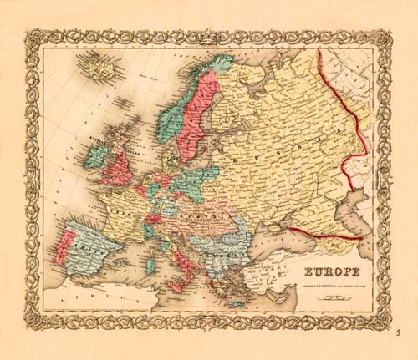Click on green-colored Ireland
(x=94, y=157)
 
